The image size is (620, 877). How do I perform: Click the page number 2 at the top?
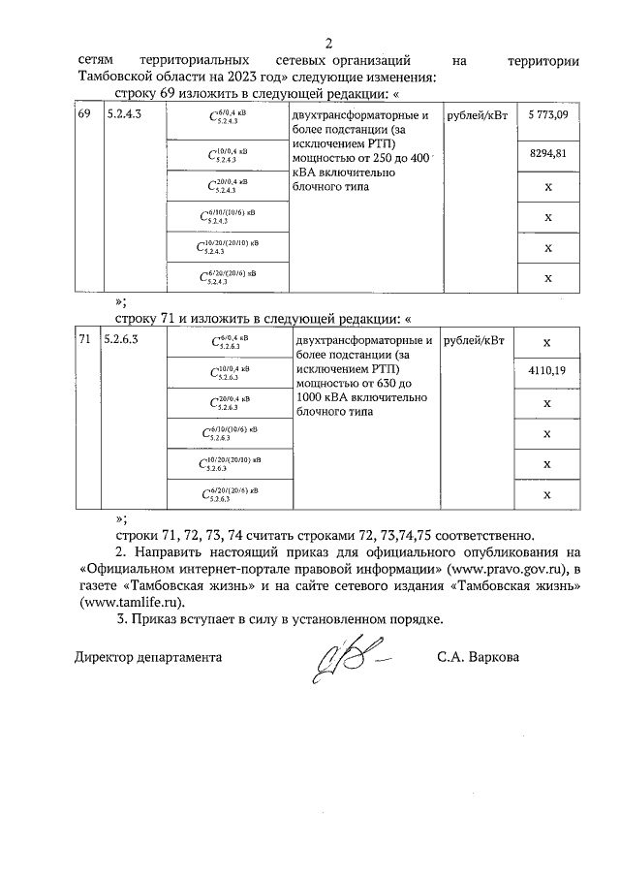click(x=328, y=44)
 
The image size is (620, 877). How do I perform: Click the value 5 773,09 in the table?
click(x=548, y=116)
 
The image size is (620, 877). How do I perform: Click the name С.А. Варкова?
click(x=478, y=657)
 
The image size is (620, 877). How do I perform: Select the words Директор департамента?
click(x=148, y=657)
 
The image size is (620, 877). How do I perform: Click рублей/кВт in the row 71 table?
click(x=475, y=341)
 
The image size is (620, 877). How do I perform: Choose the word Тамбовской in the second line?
click(x=112, y=78)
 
